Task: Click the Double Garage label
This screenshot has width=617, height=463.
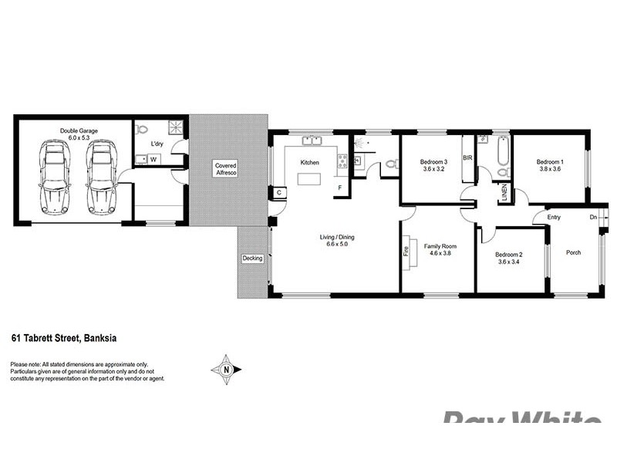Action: pos(79,131)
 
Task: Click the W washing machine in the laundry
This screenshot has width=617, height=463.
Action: pos(153,160)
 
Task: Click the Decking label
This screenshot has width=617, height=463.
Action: pos(252,259)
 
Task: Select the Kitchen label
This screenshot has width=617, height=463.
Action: pos(309,163)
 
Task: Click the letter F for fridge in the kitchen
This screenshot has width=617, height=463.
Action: pos(339,188)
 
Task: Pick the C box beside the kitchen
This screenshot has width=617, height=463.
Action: pos(278,192)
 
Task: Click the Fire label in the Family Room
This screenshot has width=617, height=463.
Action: pos(406,250)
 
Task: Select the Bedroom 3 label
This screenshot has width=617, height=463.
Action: pos(433,162)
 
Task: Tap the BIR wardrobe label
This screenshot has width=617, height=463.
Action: pos(467,158)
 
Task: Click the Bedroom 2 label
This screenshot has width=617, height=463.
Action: pos(510,255)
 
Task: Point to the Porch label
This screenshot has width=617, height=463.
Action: pos(573,252)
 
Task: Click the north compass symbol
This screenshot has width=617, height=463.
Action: pos(225,369)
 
